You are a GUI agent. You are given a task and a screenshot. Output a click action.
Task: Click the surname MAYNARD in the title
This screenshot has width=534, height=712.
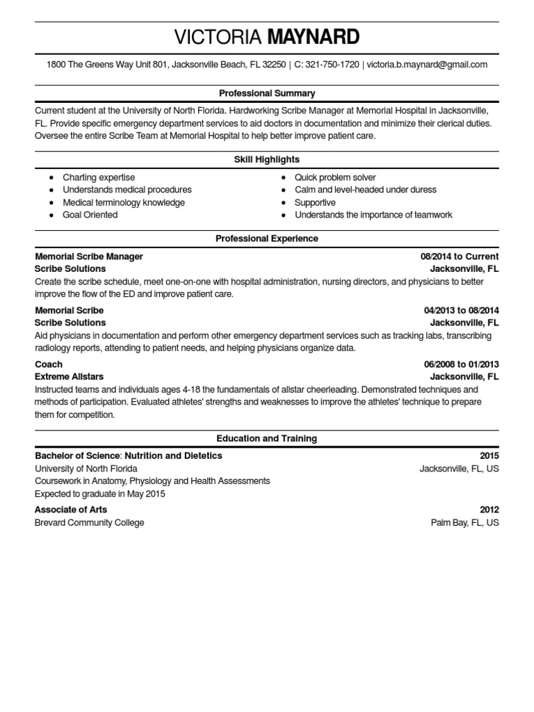point(314,36)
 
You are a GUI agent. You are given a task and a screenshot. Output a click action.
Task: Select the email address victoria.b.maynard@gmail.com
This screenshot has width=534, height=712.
point(427,65)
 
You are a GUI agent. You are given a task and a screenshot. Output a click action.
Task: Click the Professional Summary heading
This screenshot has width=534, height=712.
point(267,93)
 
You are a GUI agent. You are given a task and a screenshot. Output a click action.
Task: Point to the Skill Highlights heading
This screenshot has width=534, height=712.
point(267,160)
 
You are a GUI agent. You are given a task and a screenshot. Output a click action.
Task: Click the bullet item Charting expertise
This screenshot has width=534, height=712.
point(99,177)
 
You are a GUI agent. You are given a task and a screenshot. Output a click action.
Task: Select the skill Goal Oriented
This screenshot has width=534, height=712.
point(90,215)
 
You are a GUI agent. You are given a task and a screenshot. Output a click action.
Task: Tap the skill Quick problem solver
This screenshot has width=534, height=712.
point(335,177)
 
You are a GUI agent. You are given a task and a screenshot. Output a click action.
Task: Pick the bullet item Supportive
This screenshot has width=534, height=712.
point(315,202)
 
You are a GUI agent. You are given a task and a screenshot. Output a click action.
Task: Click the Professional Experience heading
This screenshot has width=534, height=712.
point(267,238)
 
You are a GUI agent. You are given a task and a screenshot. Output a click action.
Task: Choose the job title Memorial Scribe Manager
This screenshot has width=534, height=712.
point(89,257)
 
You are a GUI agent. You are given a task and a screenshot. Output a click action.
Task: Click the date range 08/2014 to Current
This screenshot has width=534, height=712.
point(460,257)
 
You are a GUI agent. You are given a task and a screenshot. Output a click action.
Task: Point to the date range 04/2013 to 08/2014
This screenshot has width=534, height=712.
point(461,310)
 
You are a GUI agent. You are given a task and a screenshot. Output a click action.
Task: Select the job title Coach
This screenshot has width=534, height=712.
point(49,364)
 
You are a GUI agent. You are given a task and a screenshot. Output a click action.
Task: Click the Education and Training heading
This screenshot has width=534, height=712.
point(267,439)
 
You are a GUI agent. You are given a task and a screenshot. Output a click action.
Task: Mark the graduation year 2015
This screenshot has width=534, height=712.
point(489,456)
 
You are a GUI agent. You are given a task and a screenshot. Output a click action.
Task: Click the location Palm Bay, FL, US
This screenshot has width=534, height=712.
point(464,522)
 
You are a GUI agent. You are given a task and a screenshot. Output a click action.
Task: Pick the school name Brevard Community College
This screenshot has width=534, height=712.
point(90,522)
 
